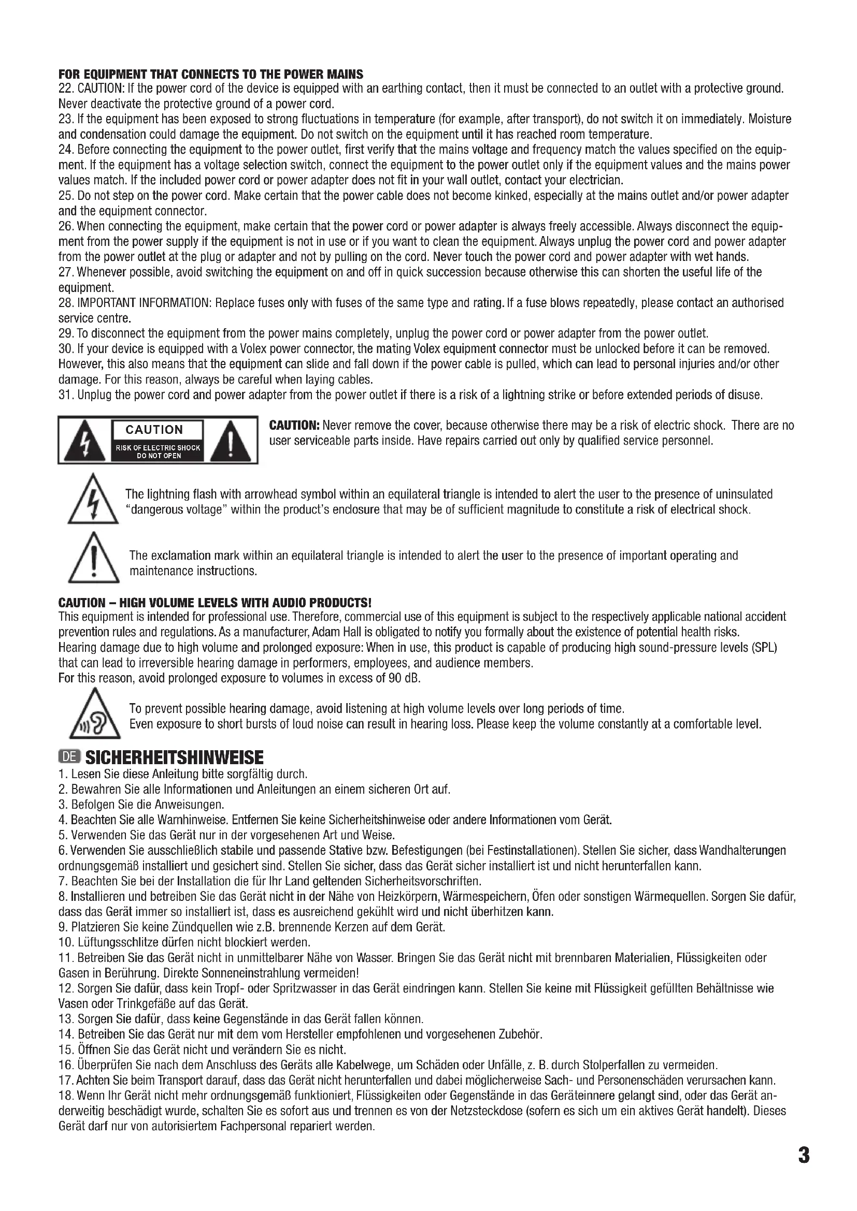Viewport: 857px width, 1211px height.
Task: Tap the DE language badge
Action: click(x=69, y=757)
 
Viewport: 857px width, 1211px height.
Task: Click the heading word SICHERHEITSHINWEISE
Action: click(x=174, y=758)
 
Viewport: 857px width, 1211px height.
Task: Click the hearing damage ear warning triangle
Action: click(x=92, y=715)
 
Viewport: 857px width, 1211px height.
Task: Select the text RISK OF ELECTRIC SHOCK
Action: click(x=159, y=448)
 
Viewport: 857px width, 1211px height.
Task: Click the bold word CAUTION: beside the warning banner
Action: click(x=294, y=426)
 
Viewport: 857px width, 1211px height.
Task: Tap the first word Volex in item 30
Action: click(x=255, y=349)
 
